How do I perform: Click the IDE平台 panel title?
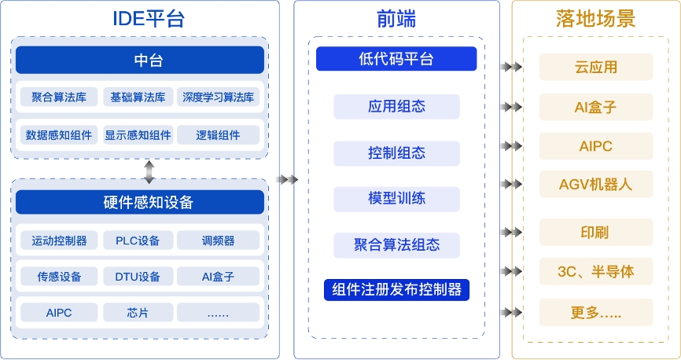(x=140, y=18)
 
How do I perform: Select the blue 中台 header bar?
(x=140, y=60)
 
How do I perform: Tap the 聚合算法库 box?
(x=60, y=97)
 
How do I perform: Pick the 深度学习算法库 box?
(x=218, y=97)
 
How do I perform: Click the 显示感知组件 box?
(x=138, y=135)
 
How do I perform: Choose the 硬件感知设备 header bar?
(x=140, y=202)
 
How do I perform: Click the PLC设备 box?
(x=138, y=240)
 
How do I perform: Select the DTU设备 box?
(x=138, y=277)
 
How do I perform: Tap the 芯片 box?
(x=138, y=313)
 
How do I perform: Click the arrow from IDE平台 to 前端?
(x=289, y=180)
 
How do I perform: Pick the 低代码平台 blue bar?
(x=396, y=59)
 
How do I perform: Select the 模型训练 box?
(x=396, y=198)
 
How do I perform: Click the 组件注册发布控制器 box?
(x=396, y=289)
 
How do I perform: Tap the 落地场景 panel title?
(x=595, y=18)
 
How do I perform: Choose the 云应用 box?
(x=596, y=67)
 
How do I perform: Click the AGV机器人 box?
(x=596, y=184)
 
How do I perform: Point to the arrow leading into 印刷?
(x=513, y=232)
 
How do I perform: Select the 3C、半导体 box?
(x=596, y=272)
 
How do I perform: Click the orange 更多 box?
(x=596, y=313)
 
